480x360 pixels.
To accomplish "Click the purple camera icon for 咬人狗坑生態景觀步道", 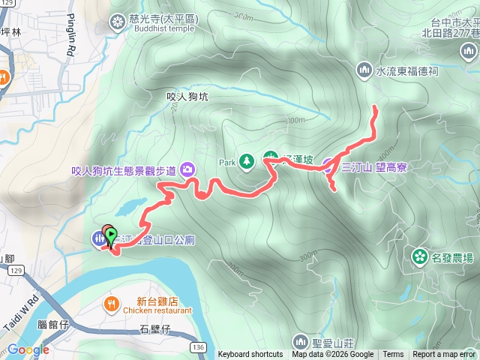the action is [187, 169].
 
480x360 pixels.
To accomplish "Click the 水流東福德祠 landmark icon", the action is [364, 70].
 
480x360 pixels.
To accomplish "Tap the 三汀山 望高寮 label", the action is [374, 167].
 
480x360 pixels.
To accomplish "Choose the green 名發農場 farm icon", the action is [419, 258].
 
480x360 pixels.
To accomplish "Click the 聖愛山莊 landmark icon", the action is [300, 342].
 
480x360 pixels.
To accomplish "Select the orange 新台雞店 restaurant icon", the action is [111, 303].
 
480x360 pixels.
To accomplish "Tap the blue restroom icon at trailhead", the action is [99, 239].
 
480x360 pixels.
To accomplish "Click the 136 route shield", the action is [198, 346].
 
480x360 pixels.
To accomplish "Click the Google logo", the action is [28, 349].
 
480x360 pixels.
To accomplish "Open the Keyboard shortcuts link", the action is [250, 355].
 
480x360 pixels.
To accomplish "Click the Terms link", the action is [393, 355].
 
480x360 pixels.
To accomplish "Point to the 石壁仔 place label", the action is [156, 329].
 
